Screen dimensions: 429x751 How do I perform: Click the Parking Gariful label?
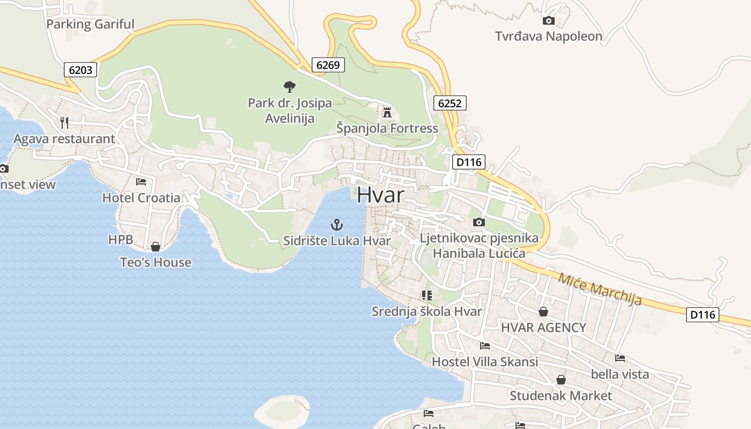click(x=90, y=24)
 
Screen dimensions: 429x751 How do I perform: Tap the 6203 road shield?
click(x=81, y=70)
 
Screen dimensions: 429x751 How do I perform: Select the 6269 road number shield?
click(x=328, y=65)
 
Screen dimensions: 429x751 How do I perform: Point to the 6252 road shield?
click(x=450, y=103)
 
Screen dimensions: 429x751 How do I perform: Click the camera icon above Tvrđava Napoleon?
click(x=548, y=21)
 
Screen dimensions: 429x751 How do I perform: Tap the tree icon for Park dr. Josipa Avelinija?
click(x=290, y=86)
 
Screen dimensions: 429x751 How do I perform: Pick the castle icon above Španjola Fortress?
click(x=387, y=112)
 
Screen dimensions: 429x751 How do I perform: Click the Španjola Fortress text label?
click(x=387, y=129)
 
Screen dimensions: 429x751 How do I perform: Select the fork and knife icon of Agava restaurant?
click(x=64, y=123)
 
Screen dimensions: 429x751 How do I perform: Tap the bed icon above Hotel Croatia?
click(x=141, y=182)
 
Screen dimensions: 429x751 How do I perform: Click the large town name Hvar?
click(x=380, y=195)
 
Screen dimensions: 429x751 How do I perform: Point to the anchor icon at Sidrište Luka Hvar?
click(x=337, y=225)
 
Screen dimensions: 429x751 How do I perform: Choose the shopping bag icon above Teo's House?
click(x=156, y=247)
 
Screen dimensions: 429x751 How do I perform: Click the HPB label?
click(x=121, y=240)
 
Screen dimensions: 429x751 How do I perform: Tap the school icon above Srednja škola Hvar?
click(x=427, y=295)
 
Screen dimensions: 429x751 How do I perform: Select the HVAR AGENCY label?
click(x=543, y=328)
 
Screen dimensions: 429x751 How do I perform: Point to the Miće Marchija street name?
click(x=600, y=290)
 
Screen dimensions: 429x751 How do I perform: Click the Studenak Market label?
click(x=561, y=396)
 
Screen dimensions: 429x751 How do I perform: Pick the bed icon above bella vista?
click(x=620, y=358)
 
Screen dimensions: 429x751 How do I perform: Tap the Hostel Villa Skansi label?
click(x=485, y=362)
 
